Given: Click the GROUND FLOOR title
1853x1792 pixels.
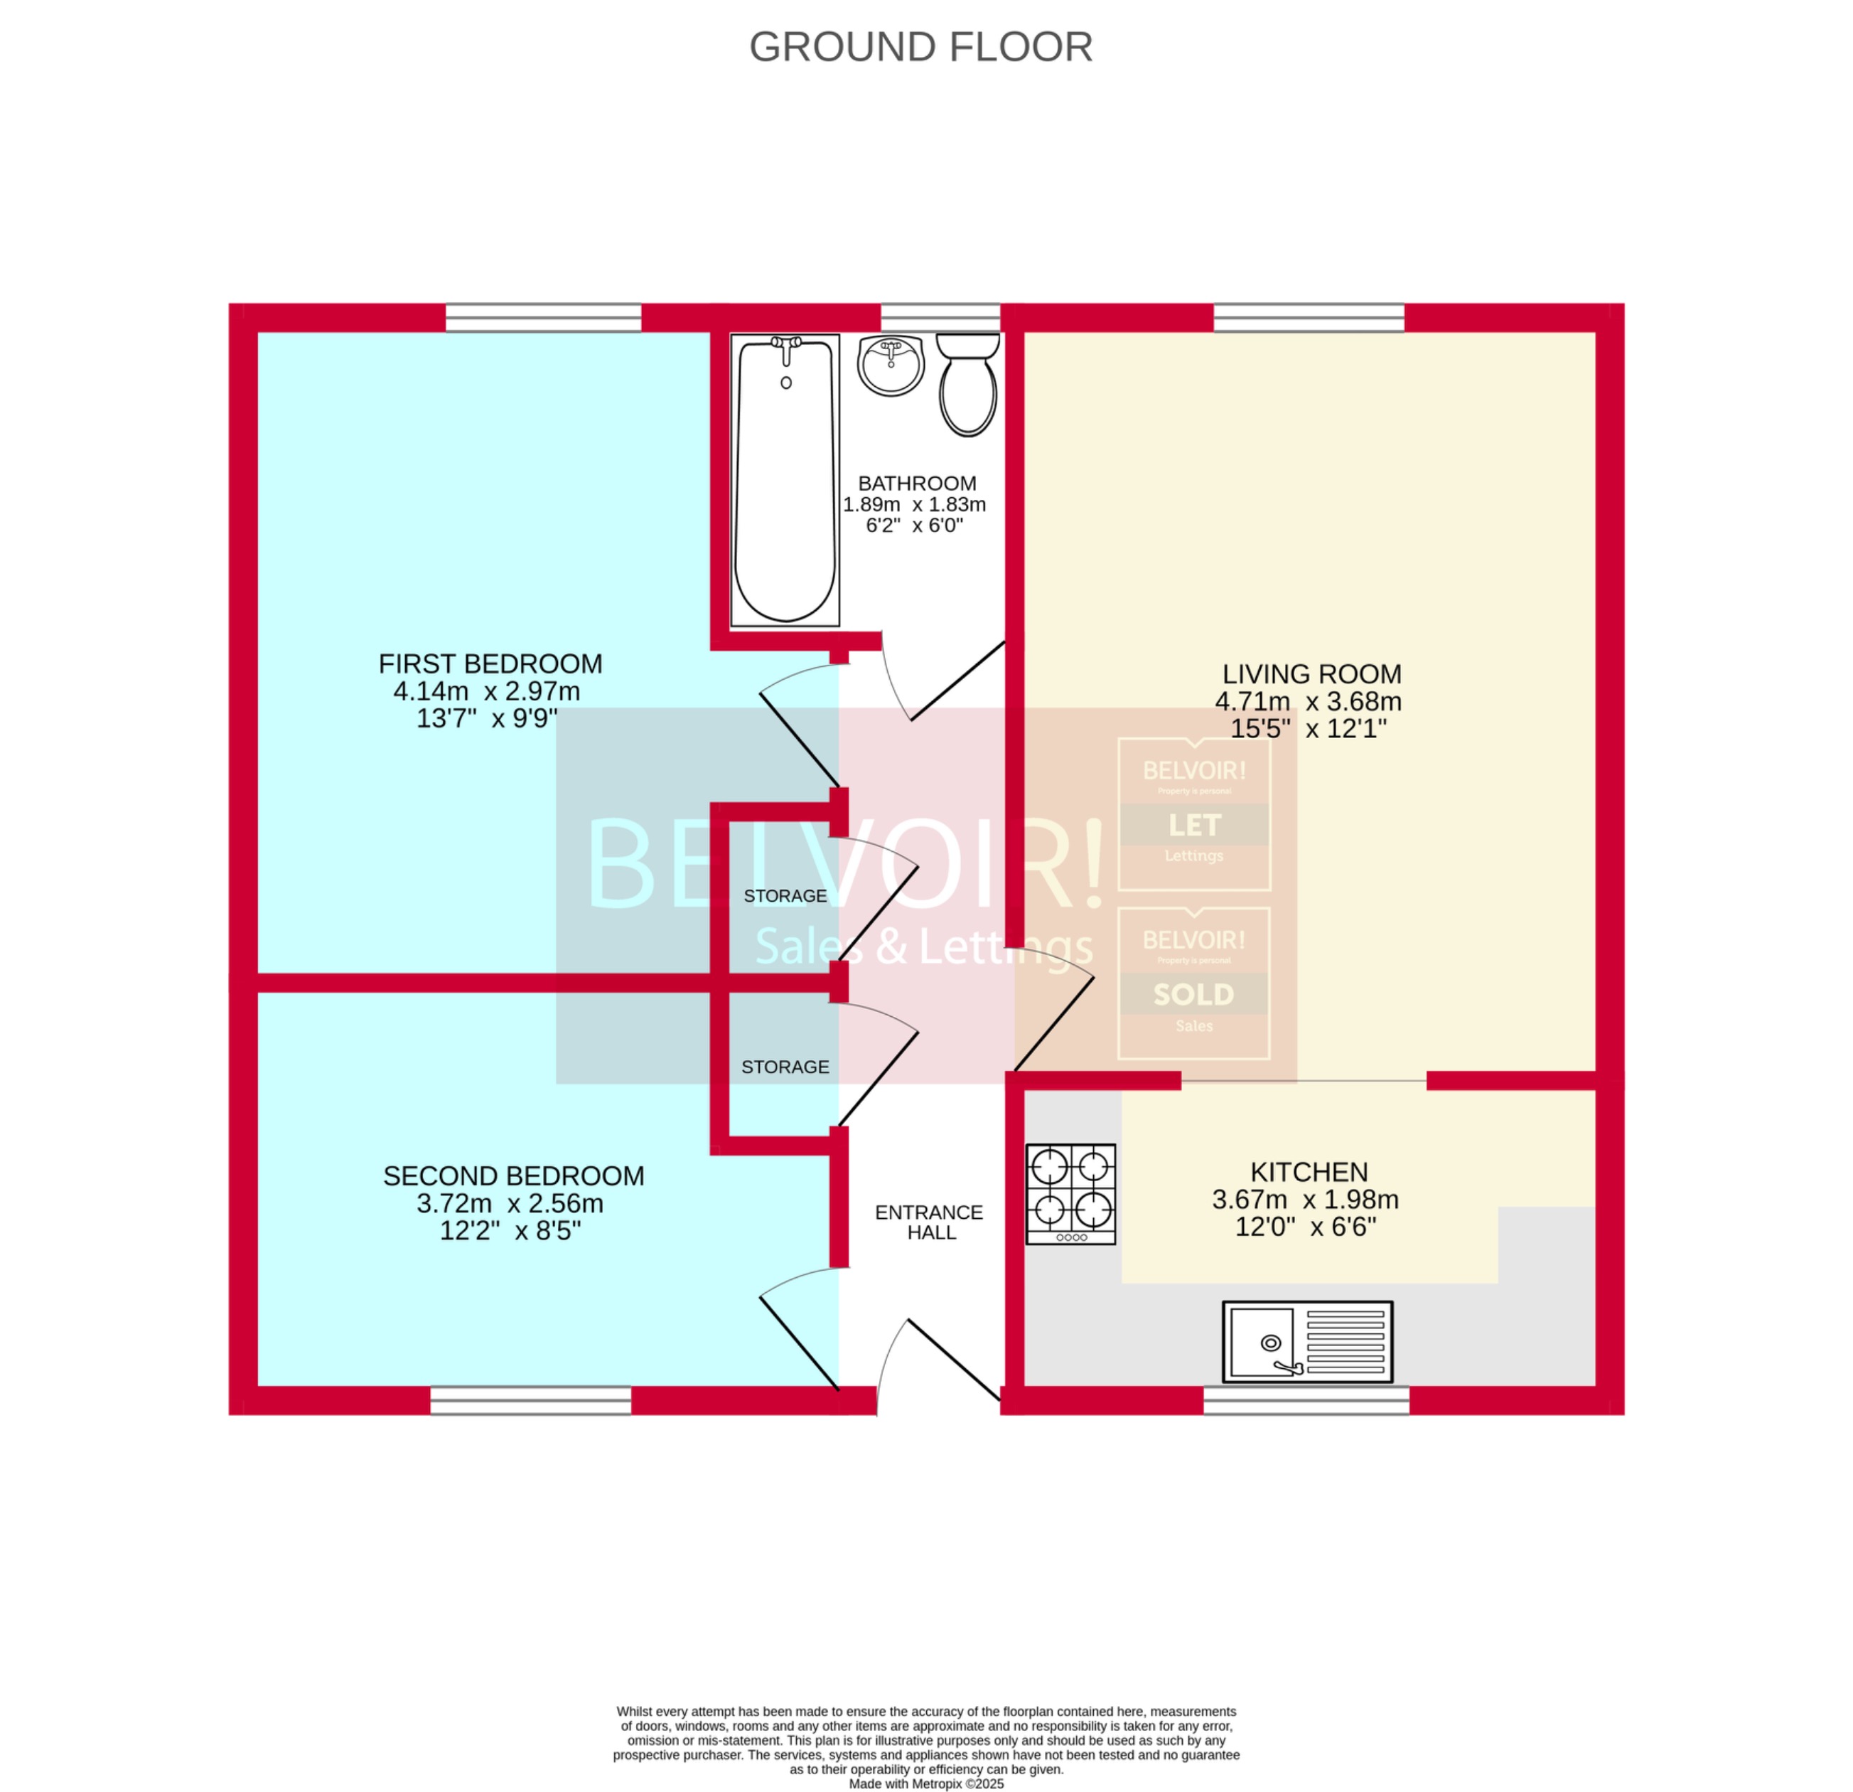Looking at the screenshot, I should click(x=921, y=46).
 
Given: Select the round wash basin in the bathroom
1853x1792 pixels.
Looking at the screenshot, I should click(x=891, y=364).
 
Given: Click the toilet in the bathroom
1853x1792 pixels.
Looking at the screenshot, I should click(x=968, y=386).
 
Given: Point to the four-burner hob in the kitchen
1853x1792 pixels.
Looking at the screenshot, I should click(x=1071, y=1193).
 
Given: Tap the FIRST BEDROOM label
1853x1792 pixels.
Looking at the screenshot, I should click(x=490, y=664).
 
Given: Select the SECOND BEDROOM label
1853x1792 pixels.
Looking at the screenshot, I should click(x=513, y=1175).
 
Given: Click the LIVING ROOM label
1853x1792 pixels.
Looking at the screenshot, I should click(x=1311, y=674).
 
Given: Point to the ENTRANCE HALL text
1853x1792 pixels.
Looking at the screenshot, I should click(x=929, y=1222).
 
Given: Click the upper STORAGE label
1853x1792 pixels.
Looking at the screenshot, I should click(x=785, y=895).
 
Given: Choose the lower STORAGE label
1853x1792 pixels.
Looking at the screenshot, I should click(x=785, y=1067).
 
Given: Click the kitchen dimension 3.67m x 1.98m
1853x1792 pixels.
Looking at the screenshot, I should click(x=1305, y=1199).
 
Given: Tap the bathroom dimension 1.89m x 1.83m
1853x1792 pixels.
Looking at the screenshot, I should click(x=914, y=504).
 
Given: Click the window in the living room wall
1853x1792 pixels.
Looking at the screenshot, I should click(x=1309, y=318).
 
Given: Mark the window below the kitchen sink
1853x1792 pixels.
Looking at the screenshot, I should click(x=1306, y=1399).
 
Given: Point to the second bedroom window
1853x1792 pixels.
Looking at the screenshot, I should click(x=530, y=1399).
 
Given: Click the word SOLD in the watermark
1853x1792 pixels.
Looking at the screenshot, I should click(x=1193, y=995).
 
